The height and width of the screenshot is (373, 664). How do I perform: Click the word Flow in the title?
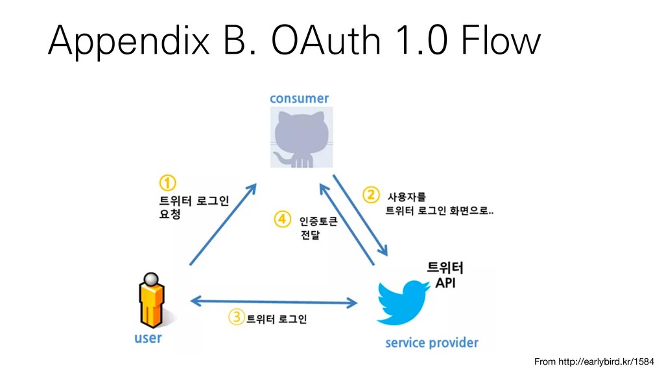click(500, 42)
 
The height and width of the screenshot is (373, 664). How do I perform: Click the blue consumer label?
click(299, 98)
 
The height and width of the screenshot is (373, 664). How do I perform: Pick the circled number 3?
click(236, 317)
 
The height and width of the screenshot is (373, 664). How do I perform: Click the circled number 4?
click(282, 220)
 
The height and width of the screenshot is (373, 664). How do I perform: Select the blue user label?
click(148, 338)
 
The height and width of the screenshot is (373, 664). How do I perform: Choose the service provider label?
click(431, 342)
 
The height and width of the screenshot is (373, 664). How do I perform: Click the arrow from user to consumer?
click(222, 224)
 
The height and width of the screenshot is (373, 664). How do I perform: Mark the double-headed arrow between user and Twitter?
click(275, 302)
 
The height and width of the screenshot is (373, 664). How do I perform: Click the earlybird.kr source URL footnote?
click(594, 360)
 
